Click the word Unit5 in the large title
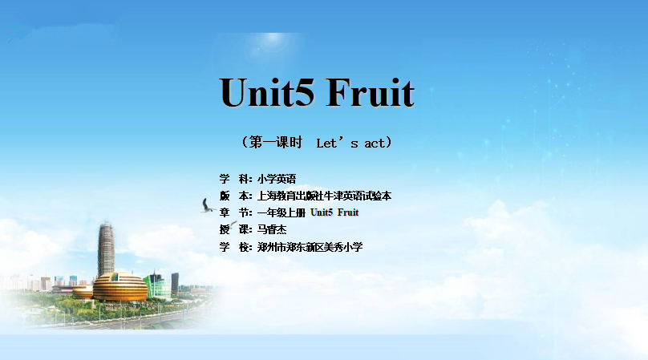point(267,92)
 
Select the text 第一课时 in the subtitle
point(276,143)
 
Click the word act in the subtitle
point(375,144)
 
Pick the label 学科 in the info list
point(234,179)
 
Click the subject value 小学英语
point(277,179)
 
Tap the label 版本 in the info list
point(234,196)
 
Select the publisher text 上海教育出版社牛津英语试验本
point(324,196)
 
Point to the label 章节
point(234,212)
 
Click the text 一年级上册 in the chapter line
point(281,212)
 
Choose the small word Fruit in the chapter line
point(348,212)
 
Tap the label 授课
point(234,229)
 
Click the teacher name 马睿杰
point(272,229)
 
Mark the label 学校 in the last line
point(234,247)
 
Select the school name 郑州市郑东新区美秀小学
point(310,247)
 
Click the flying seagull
point(207,206)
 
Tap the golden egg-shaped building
point(119,287)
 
